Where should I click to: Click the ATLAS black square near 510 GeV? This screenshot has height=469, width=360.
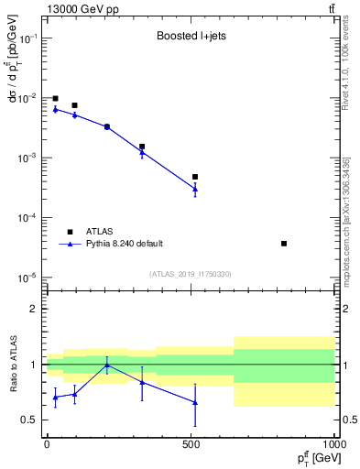pos(195,177)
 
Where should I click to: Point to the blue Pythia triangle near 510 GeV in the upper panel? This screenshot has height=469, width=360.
pos(195,189)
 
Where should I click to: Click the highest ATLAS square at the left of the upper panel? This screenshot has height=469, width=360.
pos(55,98)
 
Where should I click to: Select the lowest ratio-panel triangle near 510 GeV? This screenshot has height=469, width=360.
pos(195,402)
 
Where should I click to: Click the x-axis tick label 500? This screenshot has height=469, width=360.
pos(191,443)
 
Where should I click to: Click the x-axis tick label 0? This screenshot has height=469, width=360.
pos(47,443)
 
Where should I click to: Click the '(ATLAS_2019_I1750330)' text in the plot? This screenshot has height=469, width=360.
pos(191,274)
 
